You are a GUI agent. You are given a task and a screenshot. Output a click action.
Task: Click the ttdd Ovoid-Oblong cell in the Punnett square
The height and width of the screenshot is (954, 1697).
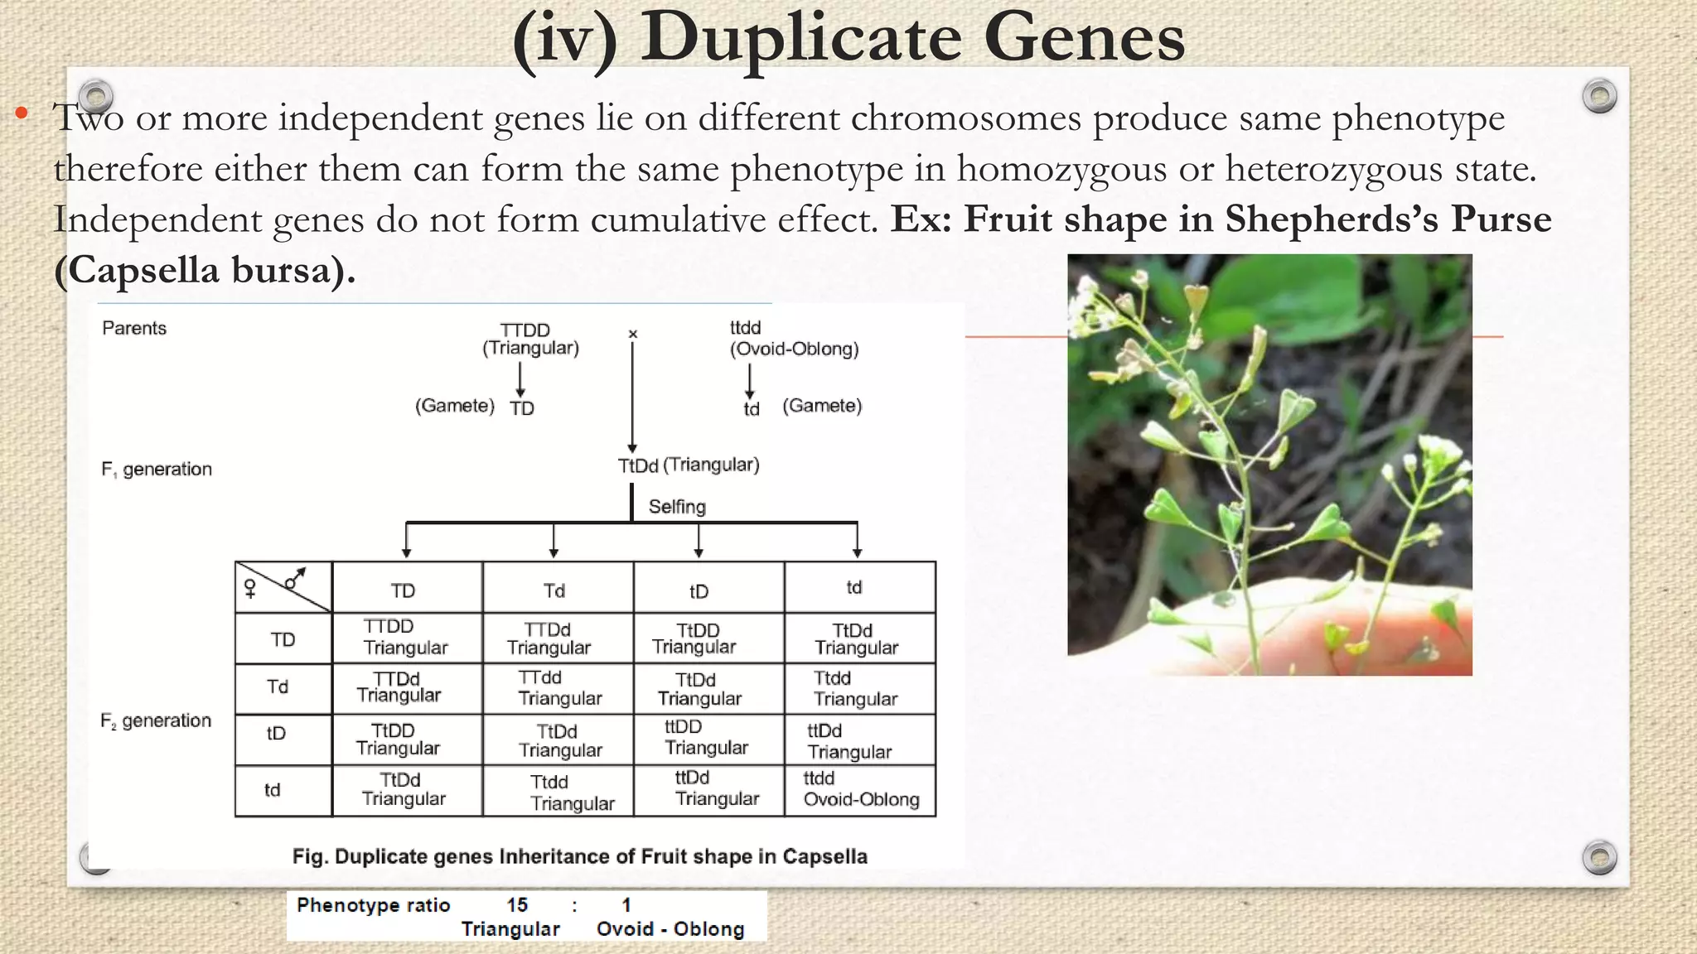[861, 790]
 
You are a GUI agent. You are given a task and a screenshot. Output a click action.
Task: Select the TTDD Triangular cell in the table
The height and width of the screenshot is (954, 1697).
[405, 638]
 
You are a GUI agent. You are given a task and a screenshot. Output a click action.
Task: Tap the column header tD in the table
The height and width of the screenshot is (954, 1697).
[699, 591]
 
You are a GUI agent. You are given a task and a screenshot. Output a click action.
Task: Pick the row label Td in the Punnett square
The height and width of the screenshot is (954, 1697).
[278, 687]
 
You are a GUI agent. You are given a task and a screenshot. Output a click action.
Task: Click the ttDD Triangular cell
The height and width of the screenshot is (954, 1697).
[706, 738]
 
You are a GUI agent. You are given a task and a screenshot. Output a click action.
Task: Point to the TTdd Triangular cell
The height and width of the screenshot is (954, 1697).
[559, 688]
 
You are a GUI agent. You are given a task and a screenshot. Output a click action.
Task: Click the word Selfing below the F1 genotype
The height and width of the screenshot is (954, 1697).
[677, 507]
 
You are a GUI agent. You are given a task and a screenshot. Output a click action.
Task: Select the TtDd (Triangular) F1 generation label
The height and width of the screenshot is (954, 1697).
[688, 465]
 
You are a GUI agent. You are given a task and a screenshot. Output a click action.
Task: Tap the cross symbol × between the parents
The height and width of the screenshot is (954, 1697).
[633, 334]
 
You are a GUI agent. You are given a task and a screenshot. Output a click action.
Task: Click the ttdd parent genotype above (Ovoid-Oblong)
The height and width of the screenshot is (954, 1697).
[745, 328]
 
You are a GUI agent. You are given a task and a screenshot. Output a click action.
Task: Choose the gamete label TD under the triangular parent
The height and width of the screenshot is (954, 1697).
[522, 408]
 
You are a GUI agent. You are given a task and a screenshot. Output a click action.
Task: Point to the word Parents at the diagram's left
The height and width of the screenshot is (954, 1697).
[134, 328]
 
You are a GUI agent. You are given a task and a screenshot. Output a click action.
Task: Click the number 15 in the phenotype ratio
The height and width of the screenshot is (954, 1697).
[517, 905]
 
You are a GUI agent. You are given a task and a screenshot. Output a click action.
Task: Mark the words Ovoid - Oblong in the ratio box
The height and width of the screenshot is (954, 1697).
[670, 929]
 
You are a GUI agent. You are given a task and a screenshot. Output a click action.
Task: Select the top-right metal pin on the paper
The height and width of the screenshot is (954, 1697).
[1599, 96]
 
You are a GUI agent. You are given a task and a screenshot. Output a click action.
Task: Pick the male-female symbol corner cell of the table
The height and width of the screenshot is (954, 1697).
[283, 586]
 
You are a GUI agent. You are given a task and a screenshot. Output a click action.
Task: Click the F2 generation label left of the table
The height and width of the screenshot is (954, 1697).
[156, 721]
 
